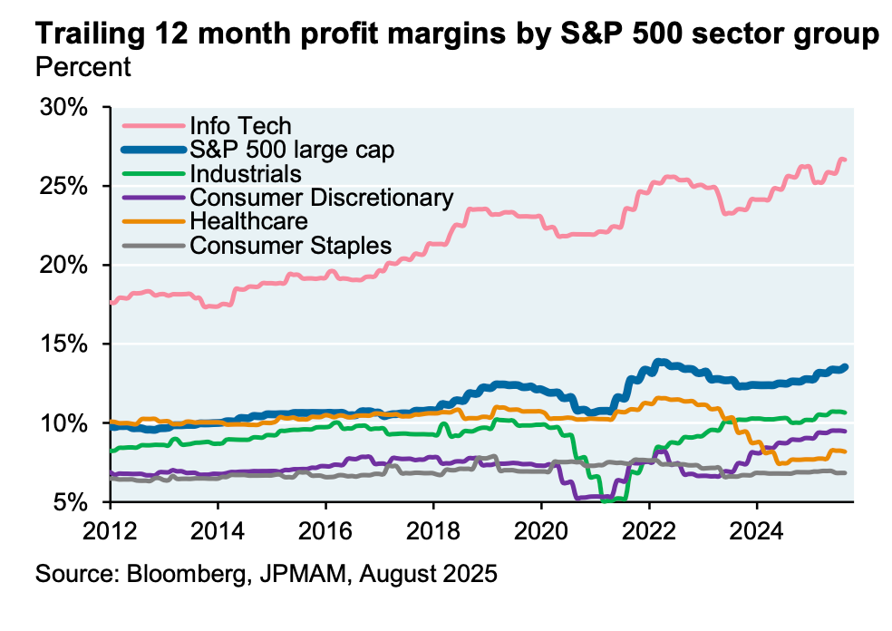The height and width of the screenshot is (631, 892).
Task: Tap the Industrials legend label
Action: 245,173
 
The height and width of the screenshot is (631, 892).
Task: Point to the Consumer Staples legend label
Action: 290,245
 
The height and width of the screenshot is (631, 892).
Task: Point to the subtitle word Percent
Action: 82,66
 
